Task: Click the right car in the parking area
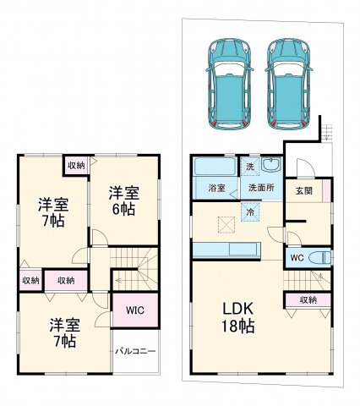tap(289, 82)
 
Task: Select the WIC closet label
tap(134, 310)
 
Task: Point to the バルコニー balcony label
tap(135, 350)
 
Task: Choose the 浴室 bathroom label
tap(215, 188)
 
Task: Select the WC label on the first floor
tap(297, 257)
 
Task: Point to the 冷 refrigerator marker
tap(251, 212)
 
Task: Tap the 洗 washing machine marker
tap(249, 166)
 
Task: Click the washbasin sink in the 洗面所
tap(270, 165)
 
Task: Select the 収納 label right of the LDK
tap(308, 299)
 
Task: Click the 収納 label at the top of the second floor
tap(76, 165)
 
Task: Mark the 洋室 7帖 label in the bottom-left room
tap(64, 332)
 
